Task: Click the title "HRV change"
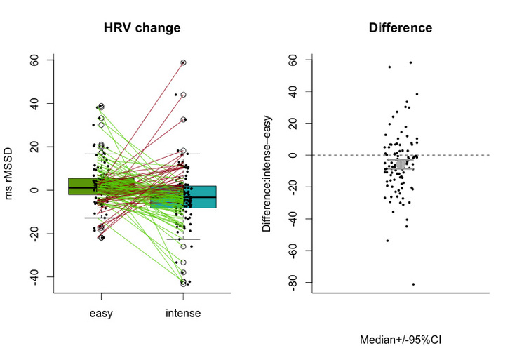pos(142,27)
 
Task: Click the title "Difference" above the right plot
pos(401,27)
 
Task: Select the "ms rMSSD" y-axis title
pos(8,173)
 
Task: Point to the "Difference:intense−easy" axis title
pos(267,173)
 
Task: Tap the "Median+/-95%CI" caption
pos(401,340)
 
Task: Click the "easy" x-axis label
pos(101,313)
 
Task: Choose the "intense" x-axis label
pos(183,313)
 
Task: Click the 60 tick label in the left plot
pos(34,60)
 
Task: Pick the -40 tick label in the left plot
pos(34,276)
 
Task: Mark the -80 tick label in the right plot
pos(292,282)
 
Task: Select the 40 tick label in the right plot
pos(292,91)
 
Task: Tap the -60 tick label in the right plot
pos(292,251)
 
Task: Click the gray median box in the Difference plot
pos(401,164)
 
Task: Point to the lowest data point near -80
pos(413,284)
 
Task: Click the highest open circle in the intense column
pos(183,62)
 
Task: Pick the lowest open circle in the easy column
pos(101,238)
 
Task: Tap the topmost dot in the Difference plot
pos(410,62)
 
